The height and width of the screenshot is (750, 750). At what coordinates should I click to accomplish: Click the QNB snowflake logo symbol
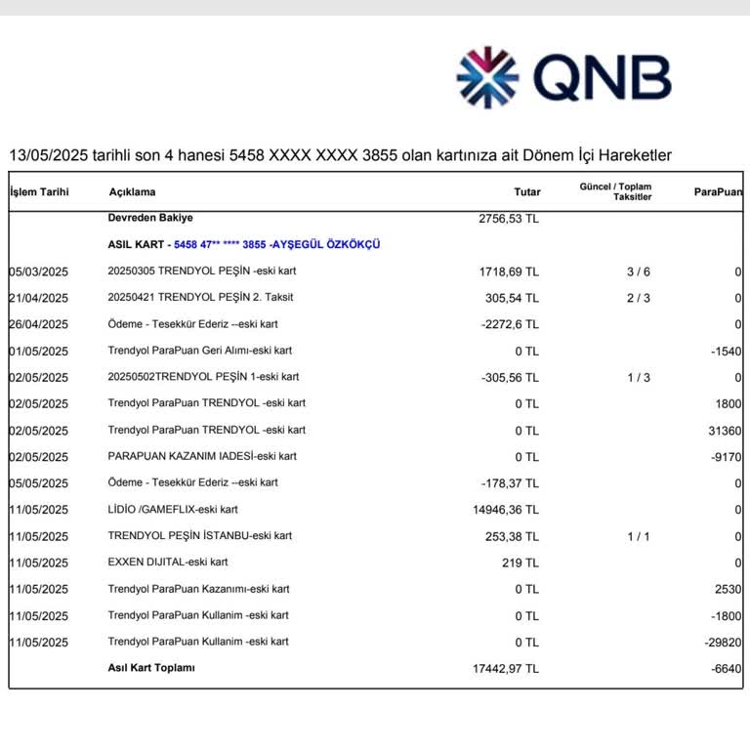[x=489, y=77]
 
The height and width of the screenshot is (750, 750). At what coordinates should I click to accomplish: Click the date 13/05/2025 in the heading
[x=43, y=155]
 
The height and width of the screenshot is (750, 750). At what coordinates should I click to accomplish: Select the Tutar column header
[x=526, y=192]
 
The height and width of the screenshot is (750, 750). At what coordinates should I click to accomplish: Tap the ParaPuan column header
[x=718, y=192]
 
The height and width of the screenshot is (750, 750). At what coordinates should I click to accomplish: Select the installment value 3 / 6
[x=638, y=271]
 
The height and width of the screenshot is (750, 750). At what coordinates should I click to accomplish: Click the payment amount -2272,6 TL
[x=509, y=324]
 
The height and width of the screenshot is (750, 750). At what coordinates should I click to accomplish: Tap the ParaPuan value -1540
[x=726, y=351]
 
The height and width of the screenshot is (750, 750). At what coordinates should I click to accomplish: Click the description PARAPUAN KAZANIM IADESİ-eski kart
[x=202, y=456]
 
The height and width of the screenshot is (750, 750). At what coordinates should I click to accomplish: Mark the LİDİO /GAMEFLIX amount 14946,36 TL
[x=505, y=509]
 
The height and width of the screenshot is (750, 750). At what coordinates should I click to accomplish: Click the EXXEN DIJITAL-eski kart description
[x=168, y=562]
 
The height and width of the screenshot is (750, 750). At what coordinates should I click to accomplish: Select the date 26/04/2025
[x=39, y=324]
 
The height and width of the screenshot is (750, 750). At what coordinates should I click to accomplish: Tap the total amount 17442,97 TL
[x=505, y=668]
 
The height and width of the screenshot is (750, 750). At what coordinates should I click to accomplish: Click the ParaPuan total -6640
[x=726, y=668]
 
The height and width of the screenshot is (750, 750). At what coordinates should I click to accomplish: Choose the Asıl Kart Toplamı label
[x=151, y=668]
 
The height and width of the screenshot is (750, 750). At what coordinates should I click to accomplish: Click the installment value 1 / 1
[x=638, y=536]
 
